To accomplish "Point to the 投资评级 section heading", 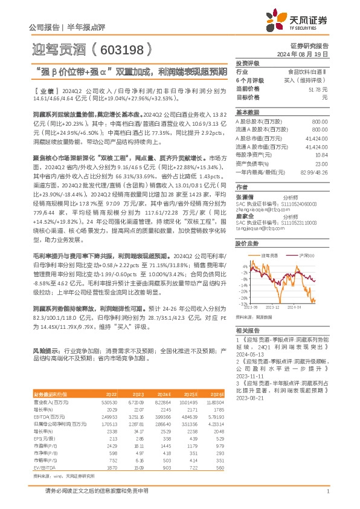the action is pyautogui.click(x=247, y=63).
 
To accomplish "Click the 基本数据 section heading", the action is pyautogui.click(x=247, y=112).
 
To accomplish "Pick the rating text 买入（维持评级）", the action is pyautogui.click(x=309, y=80).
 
